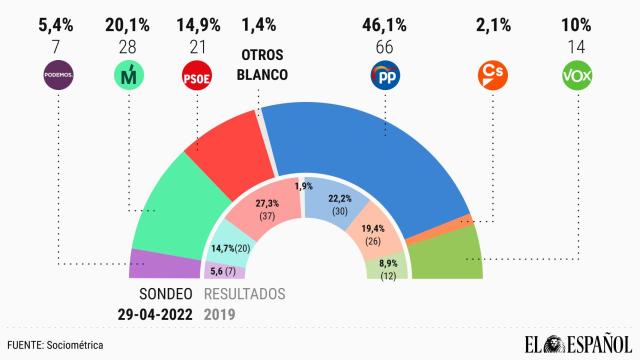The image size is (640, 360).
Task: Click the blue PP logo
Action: click(386, 75)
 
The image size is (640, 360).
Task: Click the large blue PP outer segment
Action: click(360, 150)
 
